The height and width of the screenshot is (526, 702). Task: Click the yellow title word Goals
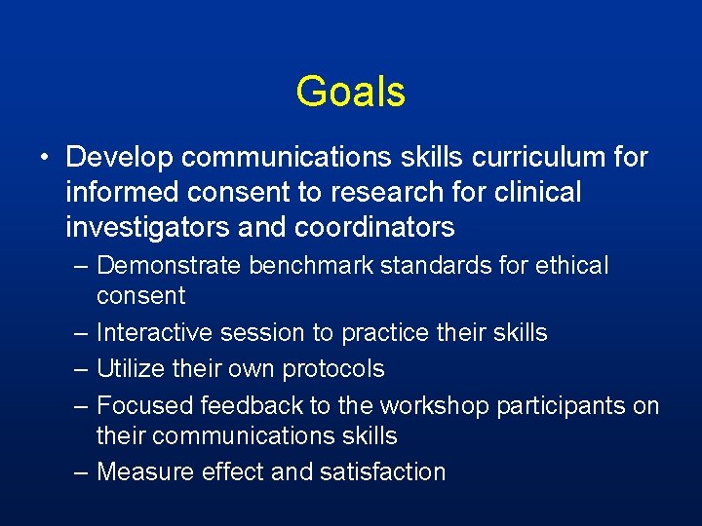[350, 92]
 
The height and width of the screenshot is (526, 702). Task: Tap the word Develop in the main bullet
[119, 157]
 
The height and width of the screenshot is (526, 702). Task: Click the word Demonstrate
[171, 265]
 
